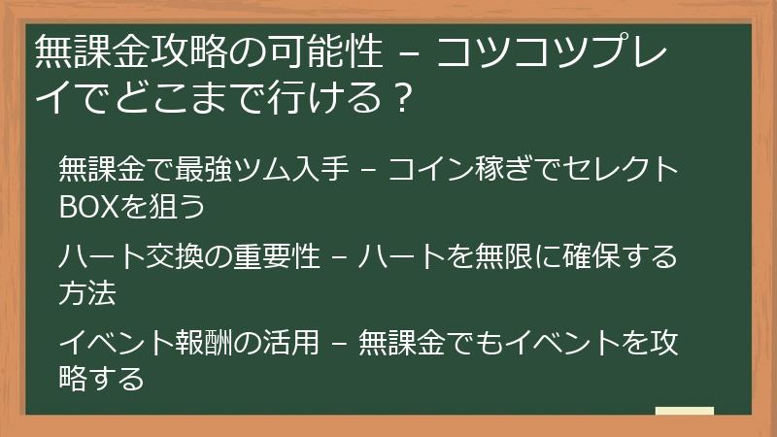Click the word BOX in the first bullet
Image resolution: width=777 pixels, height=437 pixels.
tap(89, 207)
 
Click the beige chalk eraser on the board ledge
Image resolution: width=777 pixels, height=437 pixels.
tap(685, 412)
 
